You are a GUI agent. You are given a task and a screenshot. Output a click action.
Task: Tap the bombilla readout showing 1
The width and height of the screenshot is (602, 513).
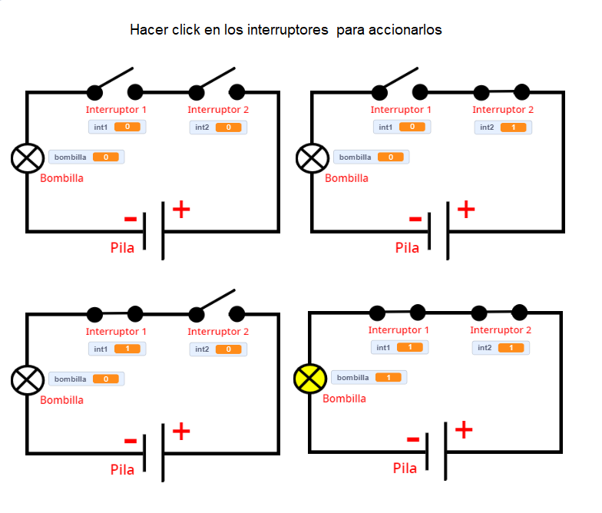pyautogui.click(x=369, y=377)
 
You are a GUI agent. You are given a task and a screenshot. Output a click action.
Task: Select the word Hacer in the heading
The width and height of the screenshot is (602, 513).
pyautogui.click(x=147, y=30)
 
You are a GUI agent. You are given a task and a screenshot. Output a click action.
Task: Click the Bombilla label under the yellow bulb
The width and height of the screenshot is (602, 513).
pyautogui.click(x=344, y=399)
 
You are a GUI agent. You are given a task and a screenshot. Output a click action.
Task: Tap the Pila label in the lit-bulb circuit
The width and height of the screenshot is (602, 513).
pyautogui.click(x=405, y=468)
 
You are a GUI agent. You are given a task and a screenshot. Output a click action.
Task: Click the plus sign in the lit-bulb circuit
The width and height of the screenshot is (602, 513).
pyautogui.click(x=463, y=429)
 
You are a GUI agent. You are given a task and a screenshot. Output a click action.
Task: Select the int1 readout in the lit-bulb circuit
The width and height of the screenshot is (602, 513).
pyautogui.click(x=399, y=347)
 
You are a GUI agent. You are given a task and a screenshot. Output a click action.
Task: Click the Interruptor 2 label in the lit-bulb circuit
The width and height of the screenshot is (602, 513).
pyautogui.click(x=501, y=330)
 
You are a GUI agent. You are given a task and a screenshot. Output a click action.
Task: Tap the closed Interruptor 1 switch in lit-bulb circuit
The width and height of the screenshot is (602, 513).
pyautogui.click(x=397, y=313)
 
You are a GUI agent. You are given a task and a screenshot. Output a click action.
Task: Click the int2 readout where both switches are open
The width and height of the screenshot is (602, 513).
pyautogui.click(x=219, y=127)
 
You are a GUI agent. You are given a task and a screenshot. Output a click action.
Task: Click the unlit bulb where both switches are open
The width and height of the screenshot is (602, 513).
pyautogui.click(x=28, y=158)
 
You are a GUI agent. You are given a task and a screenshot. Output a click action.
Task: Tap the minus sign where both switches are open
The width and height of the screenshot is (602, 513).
pyautogui.click(x=131, y=220)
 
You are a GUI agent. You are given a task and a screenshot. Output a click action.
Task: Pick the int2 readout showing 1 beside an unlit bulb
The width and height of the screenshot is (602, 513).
pyautogui.click(x=504, y=127)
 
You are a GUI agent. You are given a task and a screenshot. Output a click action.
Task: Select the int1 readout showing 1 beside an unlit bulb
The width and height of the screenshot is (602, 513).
pyautogui.click(x=117, y=349)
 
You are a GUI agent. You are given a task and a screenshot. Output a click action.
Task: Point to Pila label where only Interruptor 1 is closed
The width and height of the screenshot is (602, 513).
pyautogui.click(x=122, y=470)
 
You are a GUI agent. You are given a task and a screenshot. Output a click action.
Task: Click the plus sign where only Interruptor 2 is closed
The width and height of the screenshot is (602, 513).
pyautogui.click(x=466, y=208)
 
